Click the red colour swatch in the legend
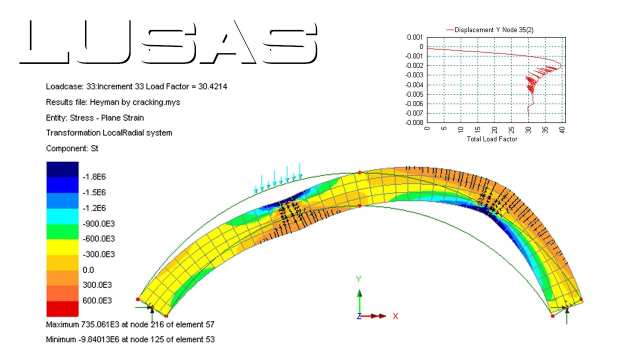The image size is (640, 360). [x=62, y=308]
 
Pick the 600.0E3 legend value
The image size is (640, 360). [x=97, y=300]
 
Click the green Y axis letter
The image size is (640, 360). [x=358, y=279]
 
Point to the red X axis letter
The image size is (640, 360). [x=395, y=316]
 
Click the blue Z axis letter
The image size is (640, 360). [x=359, y=316]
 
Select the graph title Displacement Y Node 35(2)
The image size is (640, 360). [x=494, y=29]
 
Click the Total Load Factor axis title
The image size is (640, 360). [x=492, y=139]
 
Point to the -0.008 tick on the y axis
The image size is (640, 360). [x=413, y=122]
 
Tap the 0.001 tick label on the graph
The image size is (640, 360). [x=414, y=37]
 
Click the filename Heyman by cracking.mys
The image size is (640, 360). [x=135, y=102]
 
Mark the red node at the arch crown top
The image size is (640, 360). [x=359, y=172]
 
